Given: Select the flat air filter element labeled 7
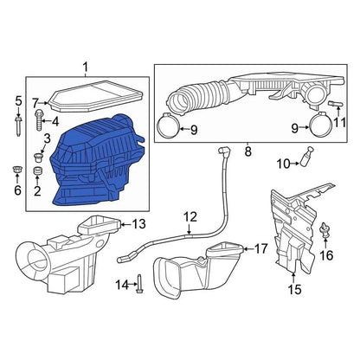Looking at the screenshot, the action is tap(96, 96).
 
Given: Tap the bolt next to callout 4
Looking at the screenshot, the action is tap(39, 120).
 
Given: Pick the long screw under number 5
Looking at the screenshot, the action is tap(18, 125).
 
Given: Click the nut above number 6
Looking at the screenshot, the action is tap(16, 170).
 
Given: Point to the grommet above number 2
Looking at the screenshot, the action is tap(37, 170).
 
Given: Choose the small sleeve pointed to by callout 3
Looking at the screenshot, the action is tap(37, 157).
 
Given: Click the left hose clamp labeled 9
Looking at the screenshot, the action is tap(168, 126).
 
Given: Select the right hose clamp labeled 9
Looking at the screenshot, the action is tap(320, 126).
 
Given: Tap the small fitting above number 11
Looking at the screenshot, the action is tap(336, 104).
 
